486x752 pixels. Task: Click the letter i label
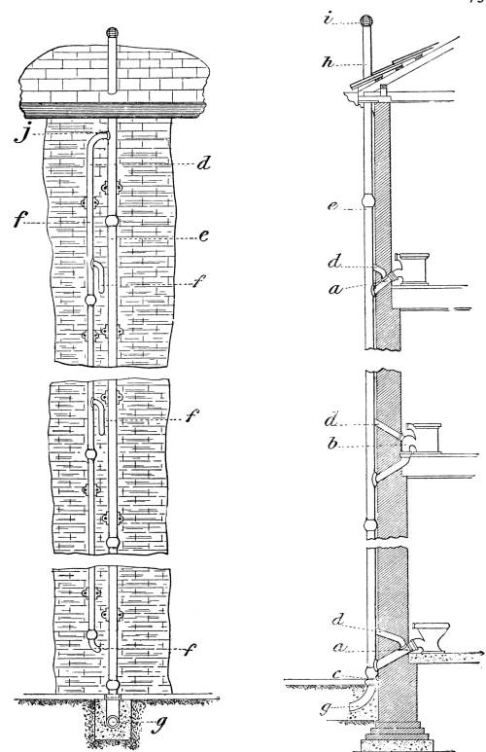pyautogui.click(x=329, y=20)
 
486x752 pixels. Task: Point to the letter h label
pyautogui.click(x=329, y=61)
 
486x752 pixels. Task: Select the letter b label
pyautogui.click(x=332, y=444)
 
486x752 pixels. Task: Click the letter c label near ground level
pyautogui.click(x=336, y=674)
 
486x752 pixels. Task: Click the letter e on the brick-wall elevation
pyautogui.click(x=204, y=235)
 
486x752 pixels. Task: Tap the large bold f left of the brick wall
pyautogui.click(x=19, y=220)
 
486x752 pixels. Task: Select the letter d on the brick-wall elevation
pyautogui.click(x=204, y=163)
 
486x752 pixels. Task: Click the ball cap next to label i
pyautogui.click(x=366, y=20)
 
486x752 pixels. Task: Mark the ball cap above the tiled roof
pyautogui.click(x=112, y=33)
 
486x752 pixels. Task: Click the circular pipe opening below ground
pyautogui.click(x=114, y=722)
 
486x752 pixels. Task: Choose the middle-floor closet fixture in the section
pyautogui.click(x=423, y=438)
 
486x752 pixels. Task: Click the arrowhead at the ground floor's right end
pyautogui.click(x=480, y=653)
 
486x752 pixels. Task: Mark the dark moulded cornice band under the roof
pyautogui.click(x=113, y=110)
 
